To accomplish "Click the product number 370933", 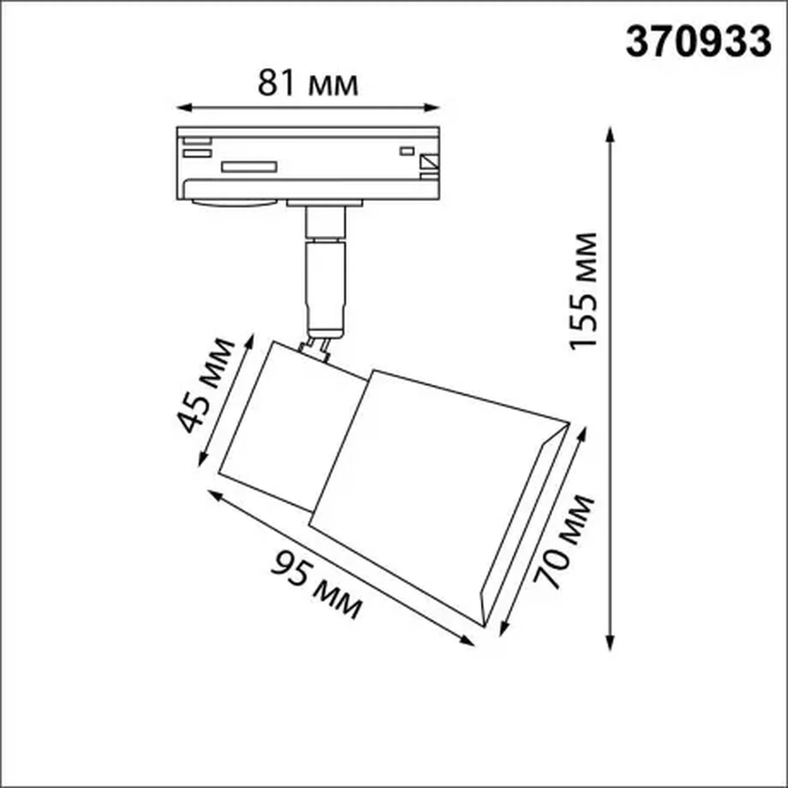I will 698,42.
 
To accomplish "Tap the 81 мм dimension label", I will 307,84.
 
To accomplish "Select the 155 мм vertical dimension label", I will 584,291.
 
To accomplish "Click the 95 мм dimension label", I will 316,585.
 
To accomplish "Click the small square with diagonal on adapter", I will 429,162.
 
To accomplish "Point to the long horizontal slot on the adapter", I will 249,166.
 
